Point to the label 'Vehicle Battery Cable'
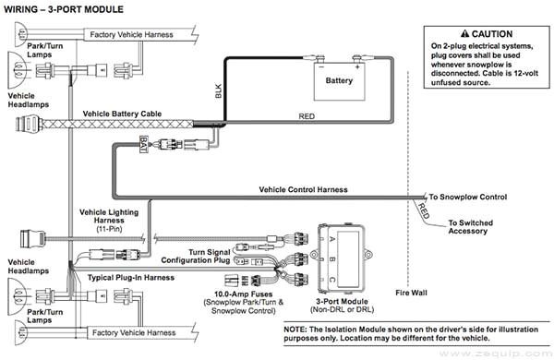(x=124, y=114)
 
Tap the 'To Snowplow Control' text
(x=468, y=197)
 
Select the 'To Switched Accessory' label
(x=475, y=227)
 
